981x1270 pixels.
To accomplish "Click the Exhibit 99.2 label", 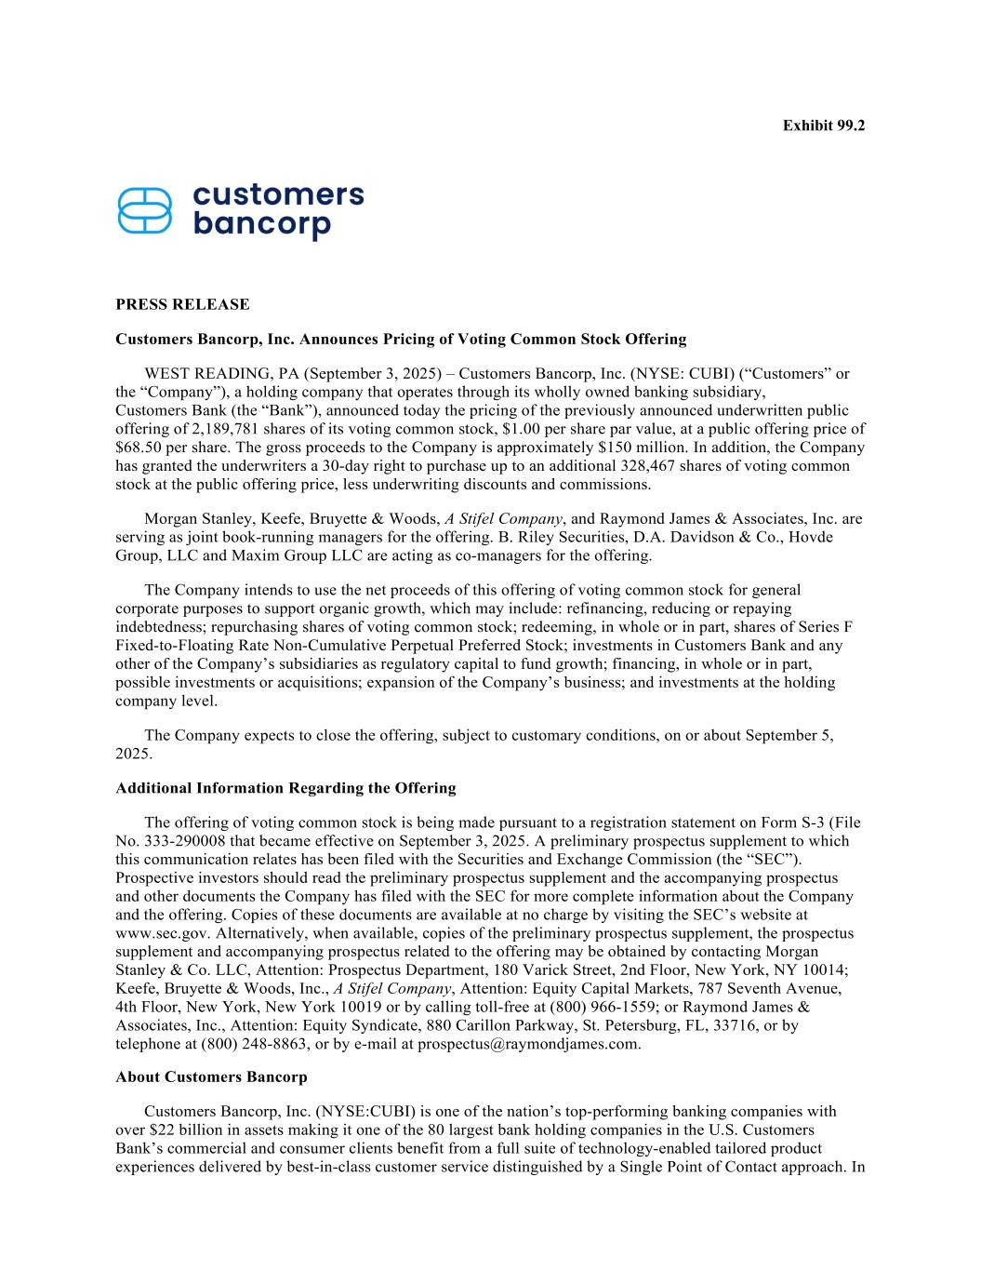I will (823, 125).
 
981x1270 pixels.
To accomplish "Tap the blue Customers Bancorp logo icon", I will (145, 211).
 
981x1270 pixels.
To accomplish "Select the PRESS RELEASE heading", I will (182, 304).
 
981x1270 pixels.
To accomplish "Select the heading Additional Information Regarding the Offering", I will (285, 788).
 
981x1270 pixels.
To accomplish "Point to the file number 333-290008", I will (186, 841).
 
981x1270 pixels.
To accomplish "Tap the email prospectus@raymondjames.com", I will (528, 1044).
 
